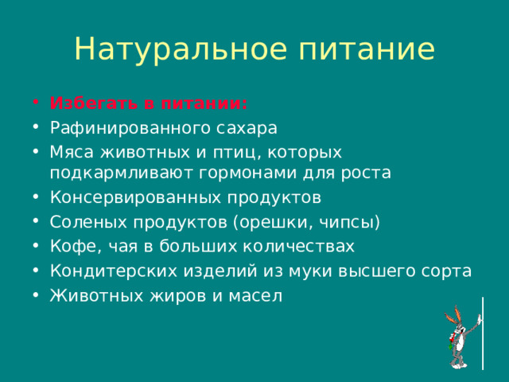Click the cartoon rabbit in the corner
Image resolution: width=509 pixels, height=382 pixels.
coord(460,336)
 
